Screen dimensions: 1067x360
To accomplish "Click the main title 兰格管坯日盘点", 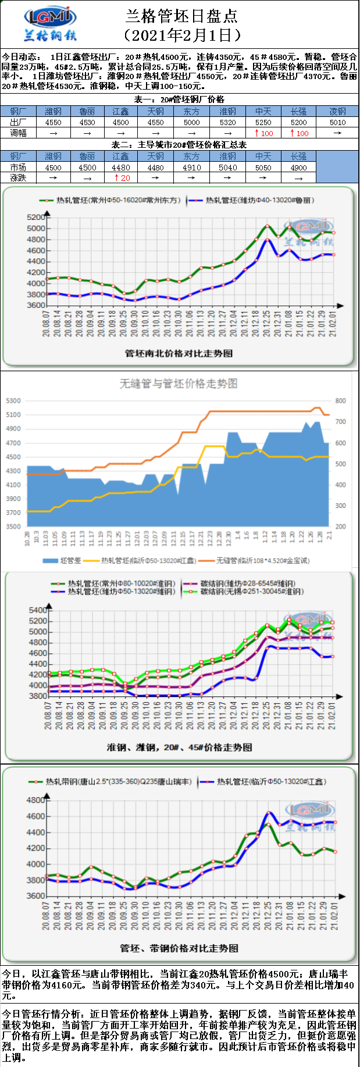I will point(181,16).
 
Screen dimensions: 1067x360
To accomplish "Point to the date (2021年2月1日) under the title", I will point(182,35).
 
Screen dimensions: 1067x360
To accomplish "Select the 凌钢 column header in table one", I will point(337,111).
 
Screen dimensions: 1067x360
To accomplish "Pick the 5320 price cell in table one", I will point(228,122).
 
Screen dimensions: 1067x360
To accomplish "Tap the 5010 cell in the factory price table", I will point(337,122).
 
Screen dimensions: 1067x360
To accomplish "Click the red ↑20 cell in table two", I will point(122,178).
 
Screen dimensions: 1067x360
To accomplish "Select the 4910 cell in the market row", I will point(192,168).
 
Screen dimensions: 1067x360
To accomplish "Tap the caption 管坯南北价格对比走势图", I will point(179,353).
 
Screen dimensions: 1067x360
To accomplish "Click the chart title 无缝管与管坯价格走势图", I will point(179,383).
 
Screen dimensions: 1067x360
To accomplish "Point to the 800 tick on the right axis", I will point(340,401).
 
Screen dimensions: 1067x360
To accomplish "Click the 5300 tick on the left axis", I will point(13,401).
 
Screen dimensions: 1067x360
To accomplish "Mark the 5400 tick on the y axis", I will point(38,610).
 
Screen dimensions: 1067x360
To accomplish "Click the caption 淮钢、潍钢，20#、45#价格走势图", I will point(179,747).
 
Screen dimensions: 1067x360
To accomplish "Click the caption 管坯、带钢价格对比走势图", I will point(179,948).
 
